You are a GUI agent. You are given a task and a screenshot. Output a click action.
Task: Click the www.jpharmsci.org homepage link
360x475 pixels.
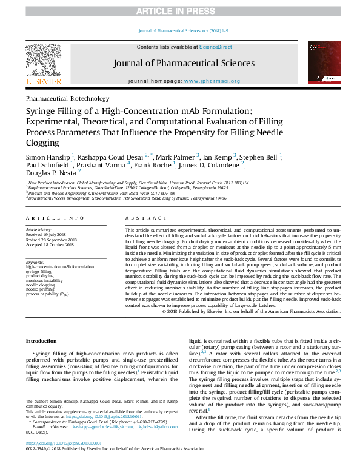click(210, 81)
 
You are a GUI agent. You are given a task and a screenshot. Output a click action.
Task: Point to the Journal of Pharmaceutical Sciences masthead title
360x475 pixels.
click(180, 63)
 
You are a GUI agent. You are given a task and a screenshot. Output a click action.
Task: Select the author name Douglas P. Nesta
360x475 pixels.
click(50, 172)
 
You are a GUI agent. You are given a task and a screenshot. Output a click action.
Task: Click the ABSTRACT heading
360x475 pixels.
click(144, 217)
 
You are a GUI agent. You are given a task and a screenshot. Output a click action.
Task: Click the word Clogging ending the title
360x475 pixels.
click(42, 143)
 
